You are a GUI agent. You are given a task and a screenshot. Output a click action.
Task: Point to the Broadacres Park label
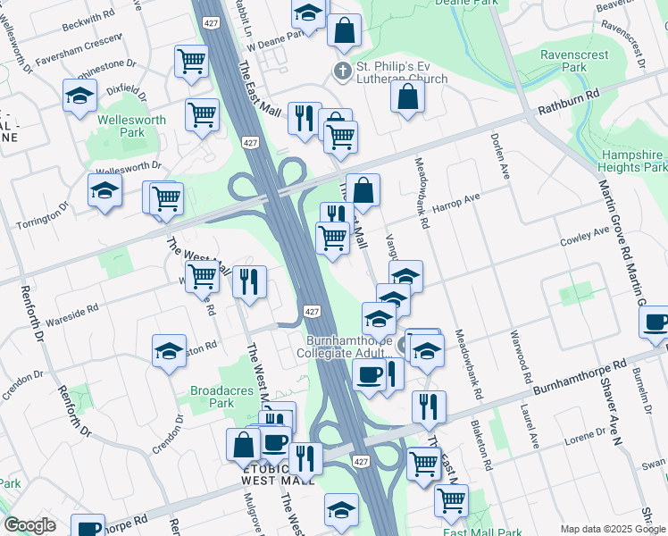pos(212,397)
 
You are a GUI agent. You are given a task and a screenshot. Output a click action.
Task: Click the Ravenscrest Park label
pos(575,61)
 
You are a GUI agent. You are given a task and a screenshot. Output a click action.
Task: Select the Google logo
pos(29,525)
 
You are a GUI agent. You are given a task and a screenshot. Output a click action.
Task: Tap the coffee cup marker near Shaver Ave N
pos(656,322)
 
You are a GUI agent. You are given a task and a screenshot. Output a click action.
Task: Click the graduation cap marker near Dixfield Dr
pos(79,96)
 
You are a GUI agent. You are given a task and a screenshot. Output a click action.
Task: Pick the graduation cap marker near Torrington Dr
pos(104,190)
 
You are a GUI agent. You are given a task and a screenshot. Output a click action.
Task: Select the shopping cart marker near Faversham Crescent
pos(191,62)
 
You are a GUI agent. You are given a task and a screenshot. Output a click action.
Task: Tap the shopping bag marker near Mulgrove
pos(244,444)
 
